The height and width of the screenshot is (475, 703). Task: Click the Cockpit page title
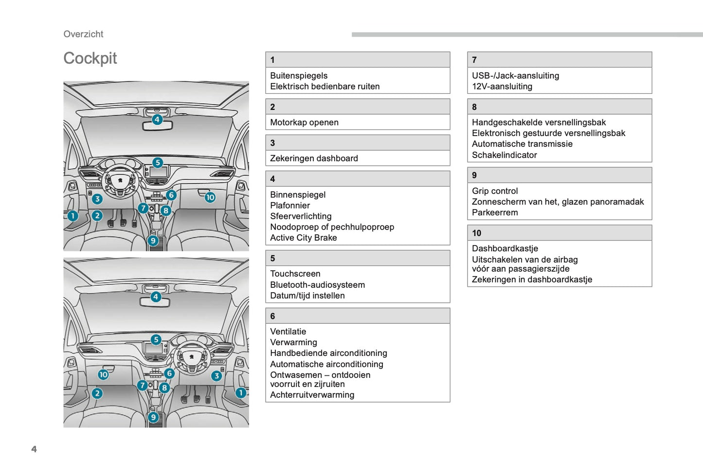[90, 58]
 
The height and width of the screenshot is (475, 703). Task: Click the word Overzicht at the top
[83, 34]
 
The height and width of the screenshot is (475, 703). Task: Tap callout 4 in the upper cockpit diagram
[157, 119]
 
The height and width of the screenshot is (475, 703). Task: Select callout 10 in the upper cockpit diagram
[210, 197]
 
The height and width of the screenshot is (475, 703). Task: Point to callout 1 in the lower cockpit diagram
[240, 393]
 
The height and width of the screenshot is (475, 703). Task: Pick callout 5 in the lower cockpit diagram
[156, 339]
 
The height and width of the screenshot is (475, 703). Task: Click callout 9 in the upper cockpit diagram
[153, 240]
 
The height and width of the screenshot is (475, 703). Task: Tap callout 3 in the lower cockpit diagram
[216, 376]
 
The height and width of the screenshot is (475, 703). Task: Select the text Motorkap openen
[304, 123]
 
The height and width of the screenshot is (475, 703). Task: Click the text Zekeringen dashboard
[314, 158]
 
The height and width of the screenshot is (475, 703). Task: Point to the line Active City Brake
[303, 238]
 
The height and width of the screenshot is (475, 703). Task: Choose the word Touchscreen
[295, 274]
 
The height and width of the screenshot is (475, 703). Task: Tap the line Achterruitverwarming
[312, 395]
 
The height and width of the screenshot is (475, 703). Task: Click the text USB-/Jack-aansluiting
[515, 76]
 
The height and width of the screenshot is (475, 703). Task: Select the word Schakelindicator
[504, 155]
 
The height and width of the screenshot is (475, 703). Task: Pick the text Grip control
[495, 191]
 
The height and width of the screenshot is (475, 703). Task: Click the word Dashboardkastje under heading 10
[505, 248]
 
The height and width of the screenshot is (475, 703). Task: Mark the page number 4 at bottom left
[34, 449]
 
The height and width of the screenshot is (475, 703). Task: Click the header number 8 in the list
[474, 107]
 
